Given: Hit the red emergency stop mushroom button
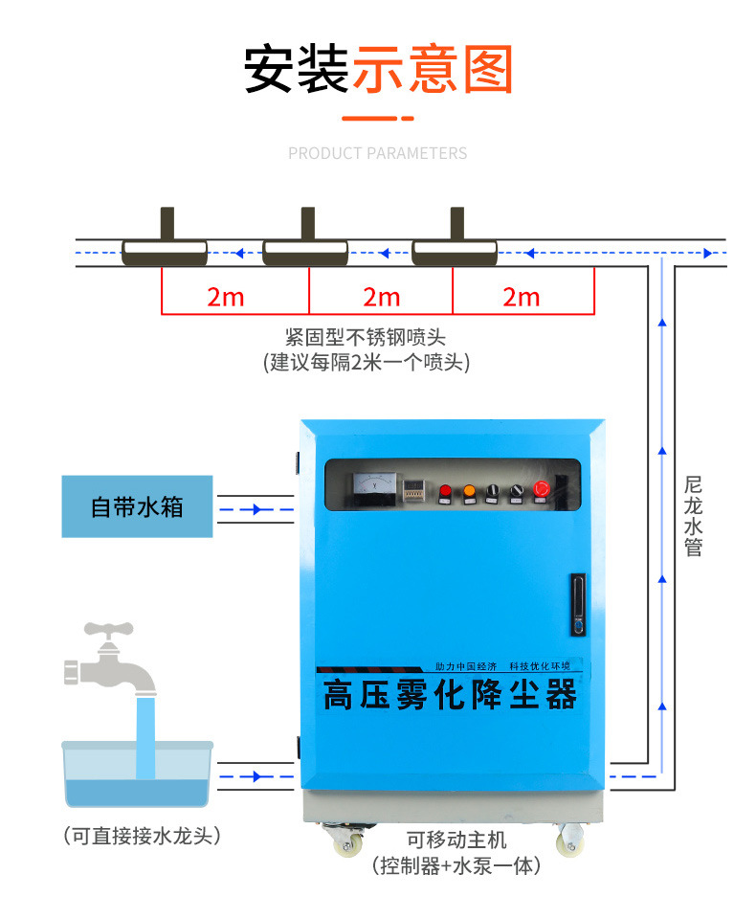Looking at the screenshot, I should pos(542,491).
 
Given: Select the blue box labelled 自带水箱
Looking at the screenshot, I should pos(137,505).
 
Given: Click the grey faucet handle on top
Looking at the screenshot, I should pos(107,632).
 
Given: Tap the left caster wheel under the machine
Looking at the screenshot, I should pos(346,841).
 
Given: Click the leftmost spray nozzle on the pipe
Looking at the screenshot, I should pos(166,244).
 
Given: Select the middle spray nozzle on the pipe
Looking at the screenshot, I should pos(306,244).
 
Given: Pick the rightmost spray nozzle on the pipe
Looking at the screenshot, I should pos(455,244).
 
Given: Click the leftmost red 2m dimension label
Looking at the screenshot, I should pos(226,297).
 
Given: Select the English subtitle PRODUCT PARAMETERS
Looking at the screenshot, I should pos(378,153).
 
